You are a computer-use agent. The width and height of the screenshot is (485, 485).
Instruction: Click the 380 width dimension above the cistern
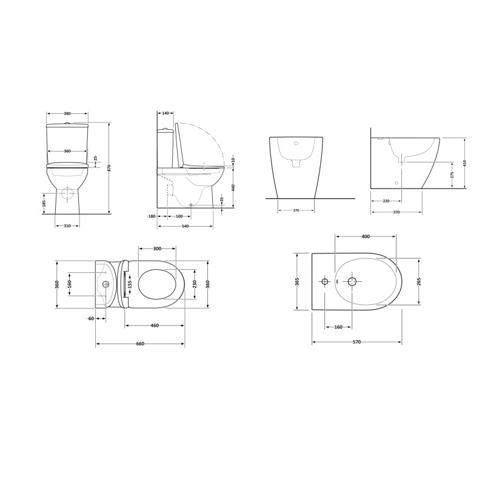point(67,113)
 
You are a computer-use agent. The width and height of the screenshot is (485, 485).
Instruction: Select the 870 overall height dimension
point(109,167)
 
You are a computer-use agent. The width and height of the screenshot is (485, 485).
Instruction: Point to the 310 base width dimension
point(67,226)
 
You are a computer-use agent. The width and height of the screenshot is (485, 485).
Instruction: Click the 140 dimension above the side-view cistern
point(165,113)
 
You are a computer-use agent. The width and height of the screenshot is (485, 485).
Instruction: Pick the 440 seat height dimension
point(232,187)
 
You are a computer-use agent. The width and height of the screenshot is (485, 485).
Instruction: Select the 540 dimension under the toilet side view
point(185,226)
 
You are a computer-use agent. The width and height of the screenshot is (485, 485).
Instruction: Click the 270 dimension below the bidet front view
point(296,210)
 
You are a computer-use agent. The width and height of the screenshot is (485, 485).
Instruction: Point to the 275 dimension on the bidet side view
point(452,175)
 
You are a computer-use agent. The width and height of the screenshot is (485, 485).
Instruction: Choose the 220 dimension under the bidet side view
point(386,201)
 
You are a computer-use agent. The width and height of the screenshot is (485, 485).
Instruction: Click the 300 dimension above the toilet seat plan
point(157,249)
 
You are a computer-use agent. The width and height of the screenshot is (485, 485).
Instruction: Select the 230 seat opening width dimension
point(195,284)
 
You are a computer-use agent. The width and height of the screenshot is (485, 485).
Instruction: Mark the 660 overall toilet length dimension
point(140,344)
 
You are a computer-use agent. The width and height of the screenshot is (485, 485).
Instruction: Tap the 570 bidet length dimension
point(356,343)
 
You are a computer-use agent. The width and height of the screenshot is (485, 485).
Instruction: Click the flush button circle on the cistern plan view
point(106,284)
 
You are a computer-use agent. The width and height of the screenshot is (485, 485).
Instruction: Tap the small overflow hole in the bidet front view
point(296,144)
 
